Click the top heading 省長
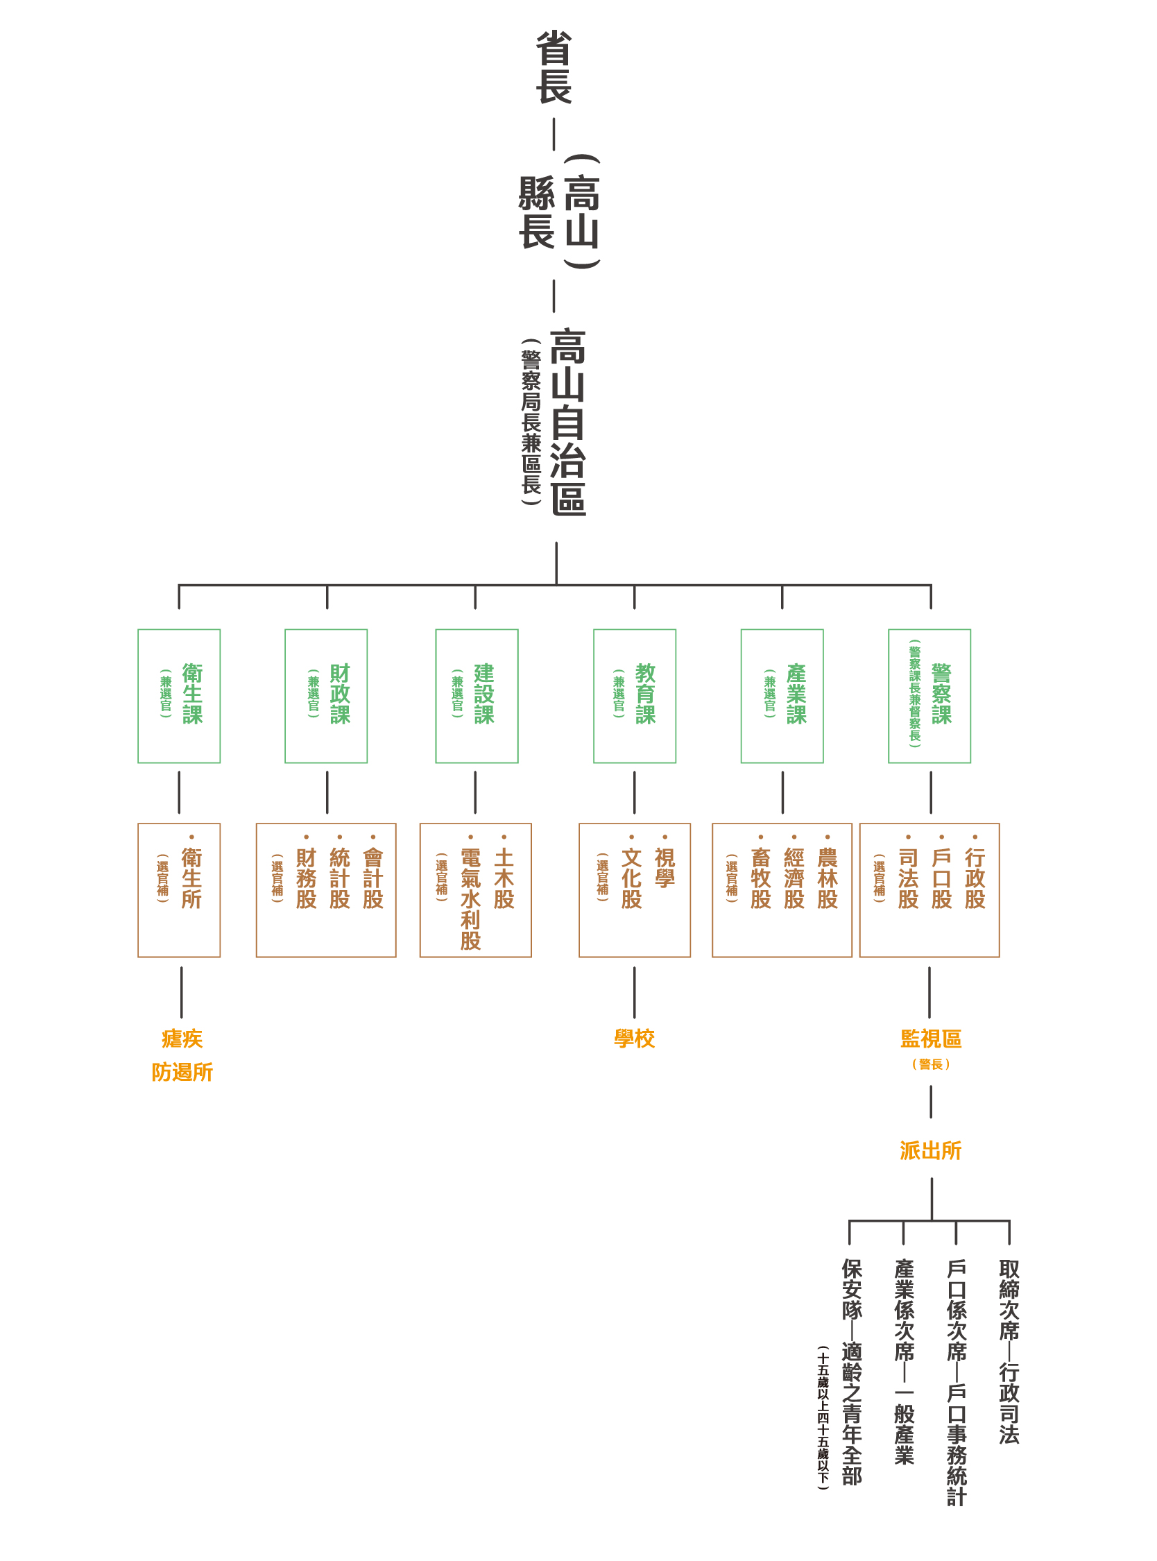(554, 68)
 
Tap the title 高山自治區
(568, 423)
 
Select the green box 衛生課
(179, 695)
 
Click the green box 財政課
(327, 695)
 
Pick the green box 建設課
(477, 695)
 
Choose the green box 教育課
(635, 695)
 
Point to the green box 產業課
(782, 695)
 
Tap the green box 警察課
(929, 695)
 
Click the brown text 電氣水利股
(471, 898)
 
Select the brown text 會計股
(373, 878)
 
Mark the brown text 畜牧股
(762, 878)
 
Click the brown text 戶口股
(942, 878)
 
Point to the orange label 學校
(635, 1039)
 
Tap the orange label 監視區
(931, 1039)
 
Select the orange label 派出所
(931, 1150)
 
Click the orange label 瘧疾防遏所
(182, 1055)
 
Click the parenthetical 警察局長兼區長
(531, 423)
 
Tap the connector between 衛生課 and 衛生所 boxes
(179, 792)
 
